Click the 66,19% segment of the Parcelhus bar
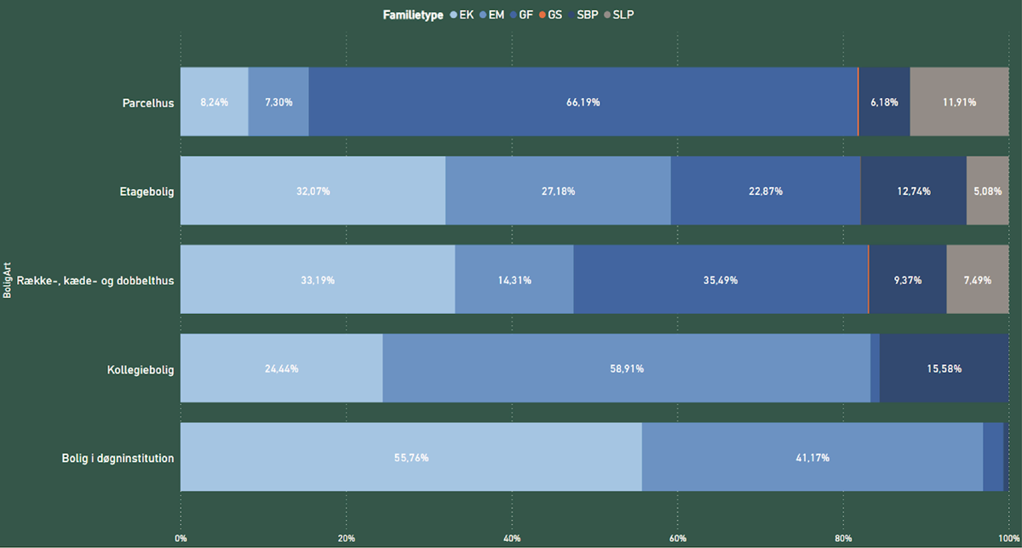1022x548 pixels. (583, 102)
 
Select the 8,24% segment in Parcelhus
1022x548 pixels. (214, 102)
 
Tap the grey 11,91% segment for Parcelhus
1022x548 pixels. (959, 102)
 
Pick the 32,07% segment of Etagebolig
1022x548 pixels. (313, 191)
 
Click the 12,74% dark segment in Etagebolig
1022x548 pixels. (913, 191)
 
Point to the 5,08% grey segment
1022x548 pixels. (988, 191)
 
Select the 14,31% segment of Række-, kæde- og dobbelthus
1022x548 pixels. (514, 280)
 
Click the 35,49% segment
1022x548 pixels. (720, 280)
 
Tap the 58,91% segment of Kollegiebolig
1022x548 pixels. (626, 368)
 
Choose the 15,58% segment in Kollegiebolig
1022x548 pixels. (944, 368)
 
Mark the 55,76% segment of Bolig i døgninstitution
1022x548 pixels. (411, 458)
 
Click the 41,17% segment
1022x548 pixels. (812, 458)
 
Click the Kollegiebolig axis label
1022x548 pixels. (141, 370)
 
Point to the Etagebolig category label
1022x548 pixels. (146, 192)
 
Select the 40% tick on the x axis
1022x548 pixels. (512, 538)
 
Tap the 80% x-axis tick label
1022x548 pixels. (843, 538)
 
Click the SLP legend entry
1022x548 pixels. (618, 14)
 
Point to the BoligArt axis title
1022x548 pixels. (7, 280)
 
